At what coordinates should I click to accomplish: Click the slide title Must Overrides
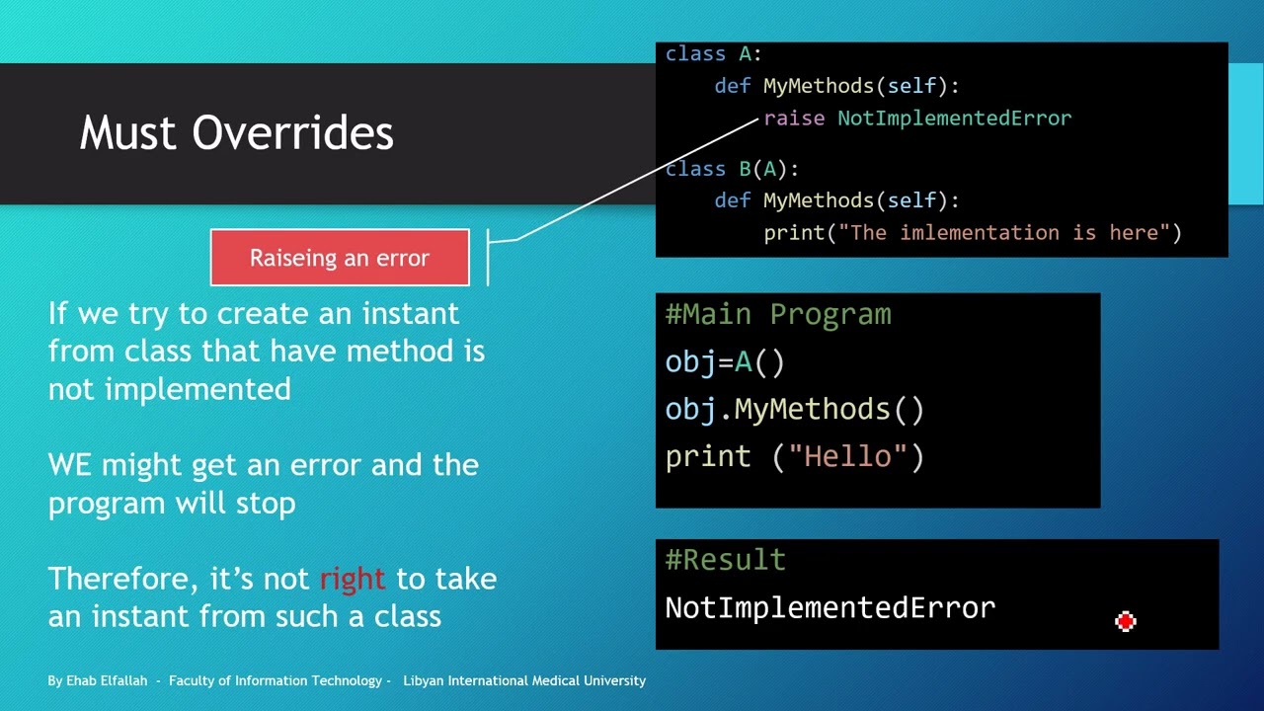pos(236,133)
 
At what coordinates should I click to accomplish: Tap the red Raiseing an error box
pos(340,258)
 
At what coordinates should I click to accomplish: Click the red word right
pos(353,579)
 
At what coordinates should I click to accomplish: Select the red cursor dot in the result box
pos(1125,621)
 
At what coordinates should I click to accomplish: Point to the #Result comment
pos(725,560)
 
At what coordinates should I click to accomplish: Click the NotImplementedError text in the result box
pos(829,607)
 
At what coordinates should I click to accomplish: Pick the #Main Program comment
pos(778,315)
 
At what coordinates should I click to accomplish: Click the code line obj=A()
pos(725,362)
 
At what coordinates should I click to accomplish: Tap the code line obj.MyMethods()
pos(794,409)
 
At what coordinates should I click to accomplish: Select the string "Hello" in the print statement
pos(847,456)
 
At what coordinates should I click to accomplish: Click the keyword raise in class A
pos(794,118)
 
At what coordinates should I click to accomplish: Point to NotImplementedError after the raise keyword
pos(954,118)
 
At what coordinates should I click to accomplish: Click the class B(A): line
pos(732,169)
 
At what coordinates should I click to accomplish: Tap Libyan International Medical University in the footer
pos(523,681)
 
